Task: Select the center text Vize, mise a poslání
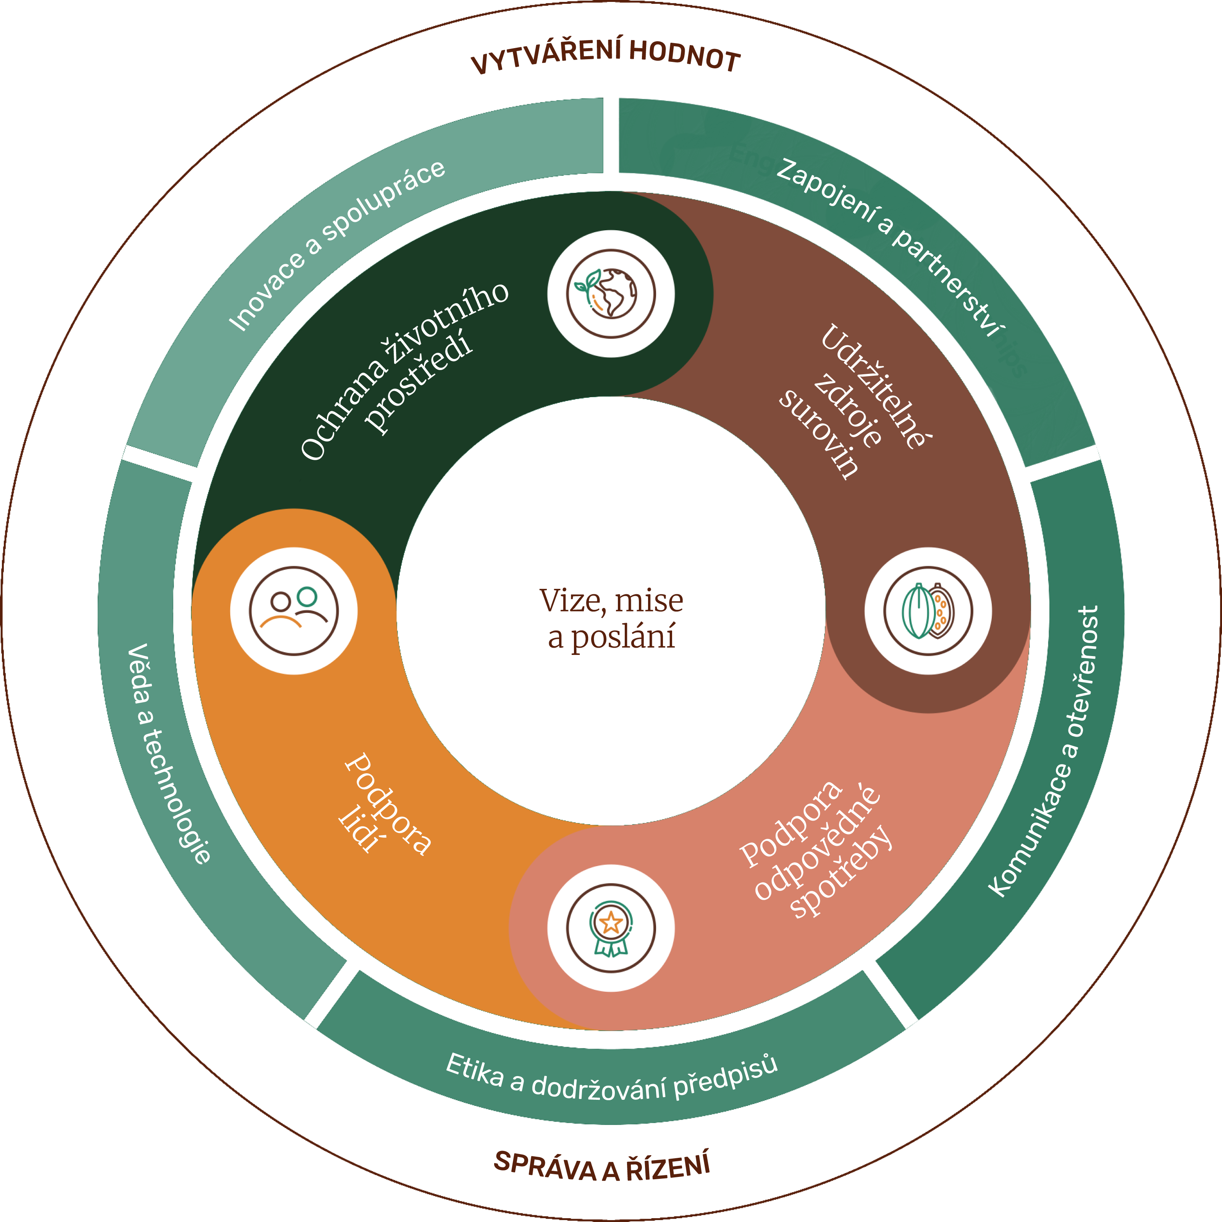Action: pos(611,618)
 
